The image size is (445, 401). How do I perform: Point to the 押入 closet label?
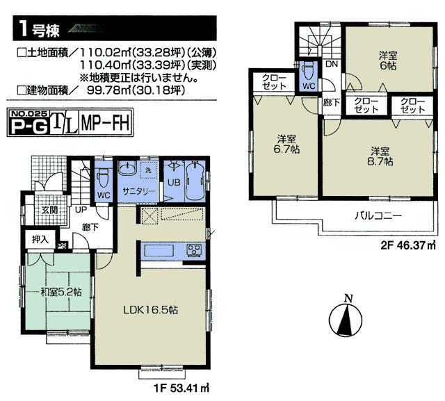[40, 240]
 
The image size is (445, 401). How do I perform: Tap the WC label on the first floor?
[103, 195]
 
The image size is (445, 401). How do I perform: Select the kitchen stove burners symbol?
[193, 249]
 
